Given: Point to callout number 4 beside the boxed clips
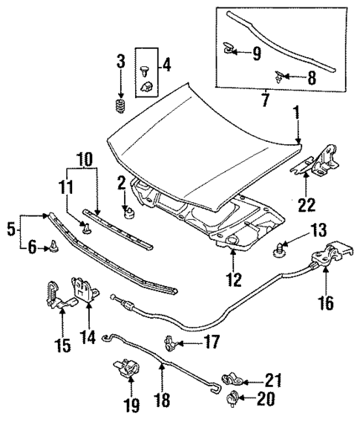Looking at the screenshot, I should pos(166,65).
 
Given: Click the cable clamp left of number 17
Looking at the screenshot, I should pos(169,343).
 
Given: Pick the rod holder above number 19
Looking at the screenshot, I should pos(126,368).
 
